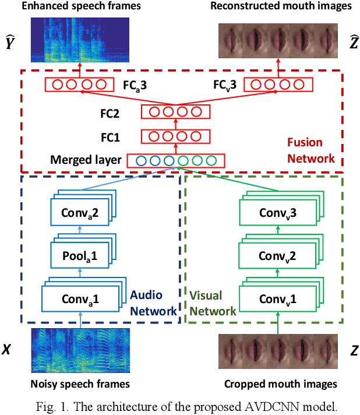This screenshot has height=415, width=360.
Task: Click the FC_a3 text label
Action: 135,85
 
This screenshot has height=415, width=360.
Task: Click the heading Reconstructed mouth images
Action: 280,6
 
